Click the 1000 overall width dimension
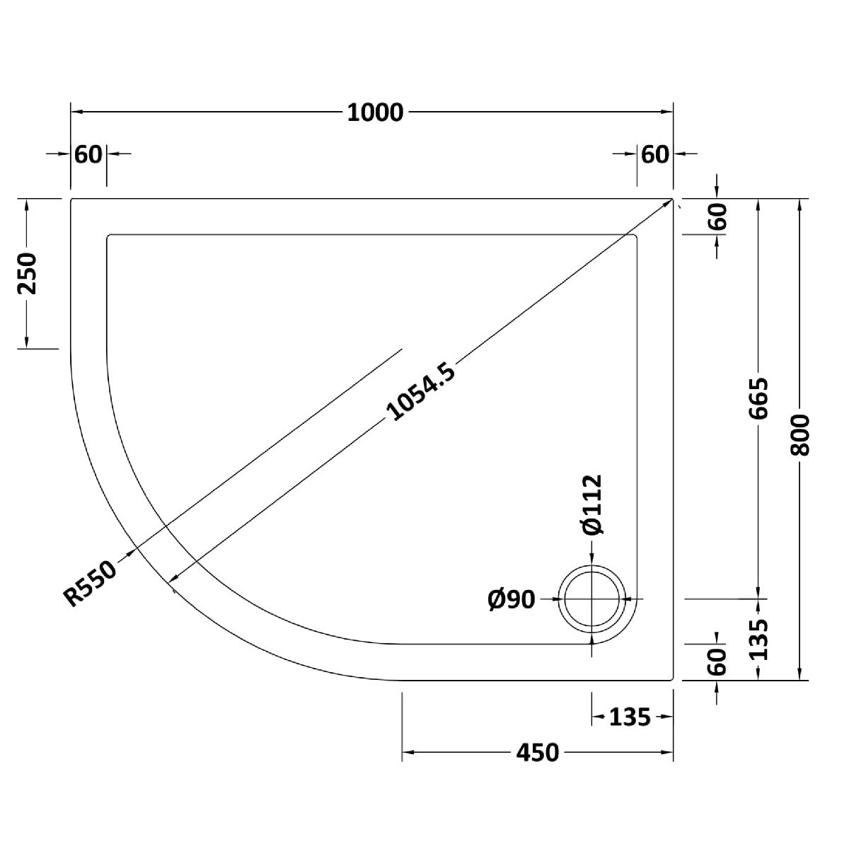(375, 112)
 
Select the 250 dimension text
(26, 274)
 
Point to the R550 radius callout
(91, 580)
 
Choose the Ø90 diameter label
(511, 599)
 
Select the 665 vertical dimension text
(758, 399)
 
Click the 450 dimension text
(537, 753)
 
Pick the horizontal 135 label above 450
(629, 717)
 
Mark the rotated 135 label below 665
(758, 639)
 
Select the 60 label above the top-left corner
(88, 154)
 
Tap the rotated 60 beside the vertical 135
(717, 662)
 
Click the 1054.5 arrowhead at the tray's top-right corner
(666, 204)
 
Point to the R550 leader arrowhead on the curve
(130, 553)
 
